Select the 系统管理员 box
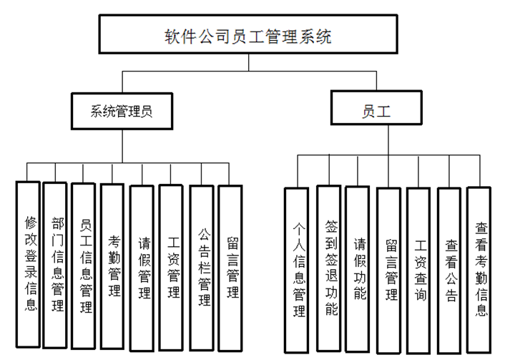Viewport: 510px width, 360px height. click(122, 111)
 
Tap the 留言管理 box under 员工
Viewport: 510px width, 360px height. click(389, 268)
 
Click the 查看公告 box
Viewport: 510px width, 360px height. click(449, 268)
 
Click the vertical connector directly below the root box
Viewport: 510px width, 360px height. click(248, 64)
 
